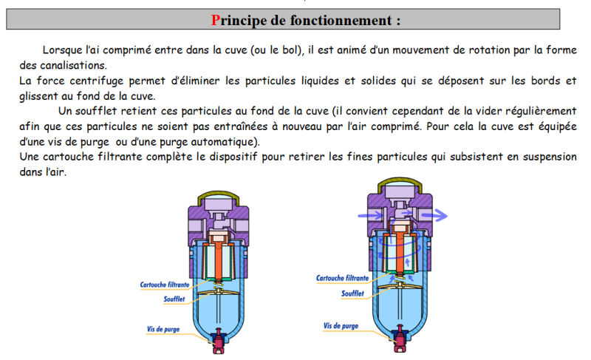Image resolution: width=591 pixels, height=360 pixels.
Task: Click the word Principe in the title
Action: coord(239,20)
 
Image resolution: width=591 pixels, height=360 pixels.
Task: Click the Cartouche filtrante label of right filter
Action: coord(342,279)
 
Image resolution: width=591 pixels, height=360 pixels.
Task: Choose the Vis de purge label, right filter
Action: coord(341,325)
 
